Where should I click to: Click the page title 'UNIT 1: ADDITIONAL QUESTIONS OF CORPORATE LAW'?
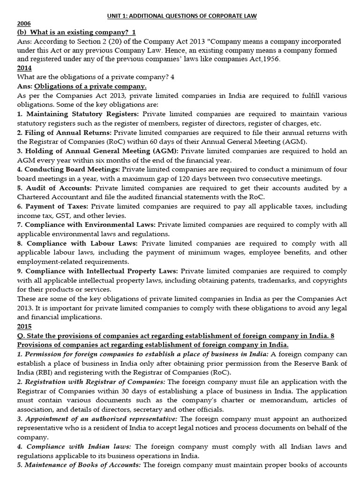click(180, 16)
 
